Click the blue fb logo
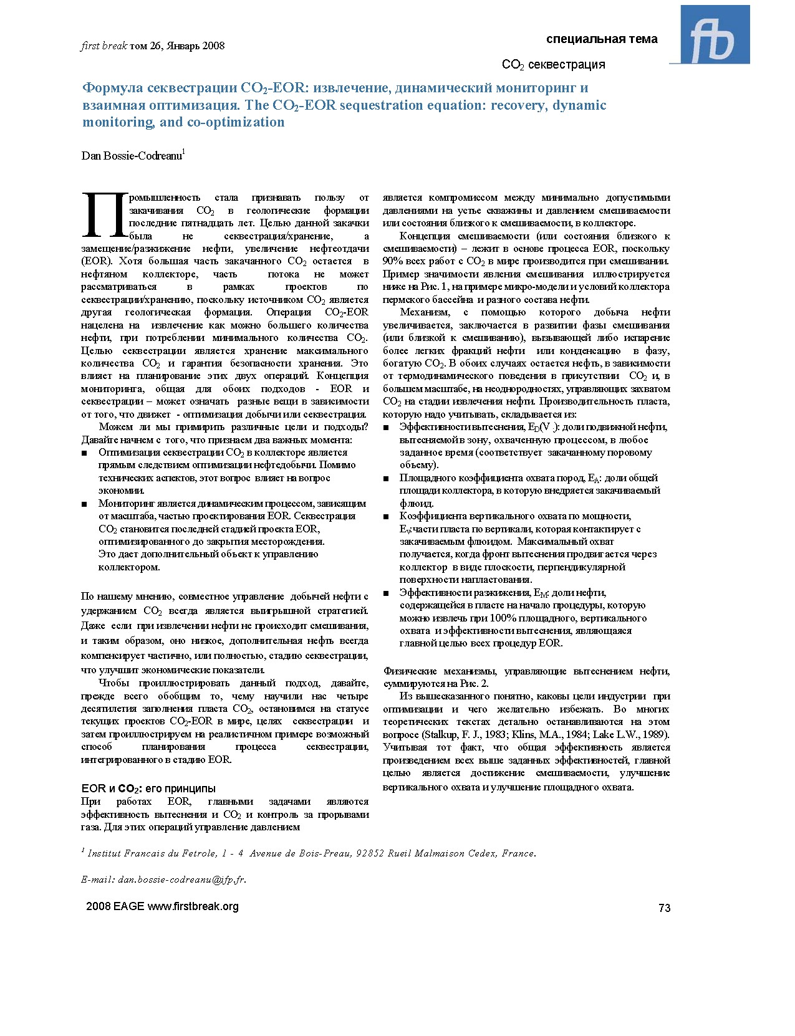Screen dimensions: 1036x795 click(715, 35)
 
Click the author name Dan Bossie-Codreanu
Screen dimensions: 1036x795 click(132, 156)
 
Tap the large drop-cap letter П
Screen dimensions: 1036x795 click(104, 215)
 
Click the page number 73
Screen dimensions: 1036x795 click(664, 908)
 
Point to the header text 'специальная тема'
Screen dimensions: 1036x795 click(602, 39)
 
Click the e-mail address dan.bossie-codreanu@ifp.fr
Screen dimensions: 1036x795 click(181, 880)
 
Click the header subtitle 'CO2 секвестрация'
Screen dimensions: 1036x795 click(553, 65)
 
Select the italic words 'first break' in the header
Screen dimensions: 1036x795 click(104, 46)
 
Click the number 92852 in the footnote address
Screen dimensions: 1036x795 click(370, 853)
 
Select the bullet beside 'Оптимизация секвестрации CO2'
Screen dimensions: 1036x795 click(84, 453)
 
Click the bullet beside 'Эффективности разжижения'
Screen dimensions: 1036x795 click(386, 593)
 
